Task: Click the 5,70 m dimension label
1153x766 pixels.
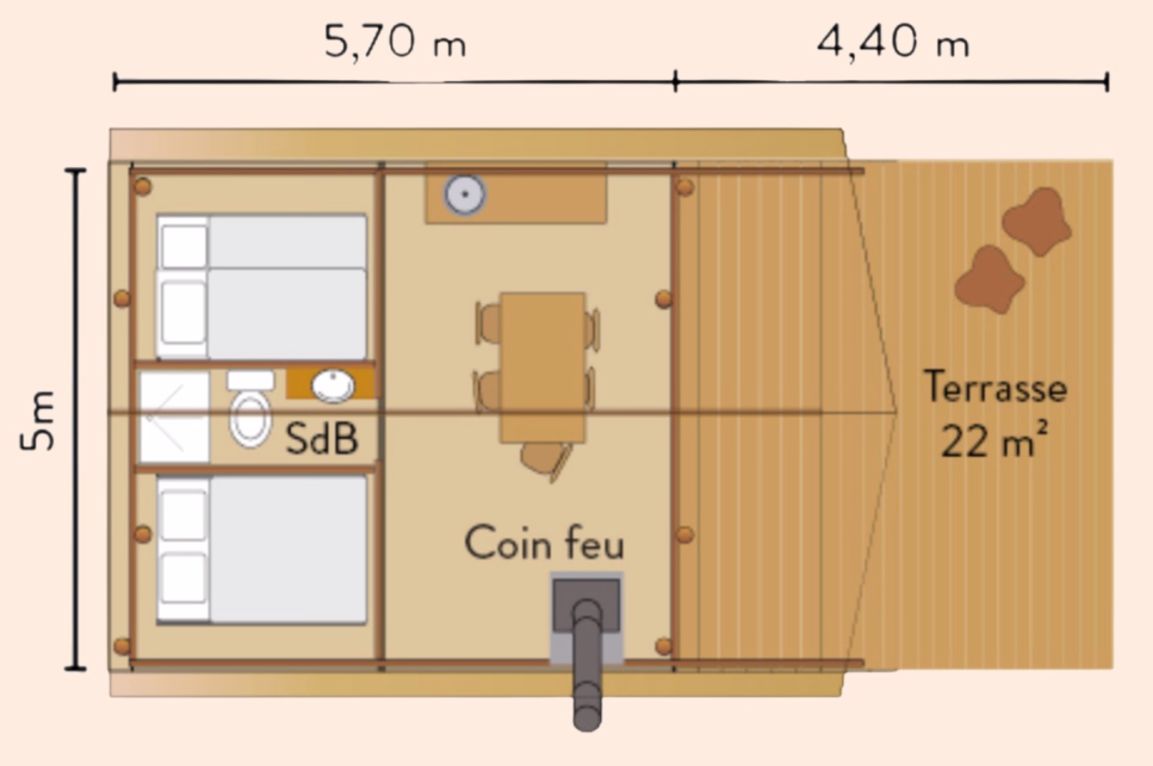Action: point(395,42)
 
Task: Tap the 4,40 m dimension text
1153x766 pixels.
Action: point(893,42)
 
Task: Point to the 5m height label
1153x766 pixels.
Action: point(37,420)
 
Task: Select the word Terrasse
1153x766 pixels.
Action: point(996,387)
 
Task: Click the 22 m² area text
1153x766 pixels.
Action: point(994,440)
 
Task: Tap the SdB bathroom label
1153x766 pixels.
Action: point(322,438)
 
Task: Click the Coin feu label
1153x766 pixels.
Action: point(544,543)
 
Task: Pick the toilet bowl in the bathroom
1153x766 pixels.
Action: point(250,418)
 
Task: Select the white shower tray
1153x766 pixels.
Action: point(175,417)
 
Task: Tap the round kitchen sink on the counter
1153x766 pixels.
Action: point(465,194)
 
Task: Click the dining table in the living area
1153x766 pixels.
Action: point(543,367)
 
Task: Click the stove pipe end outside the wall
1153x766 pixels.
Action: point(587,714)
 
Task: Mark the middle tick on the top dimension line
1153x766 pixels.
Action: point(676,81)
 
